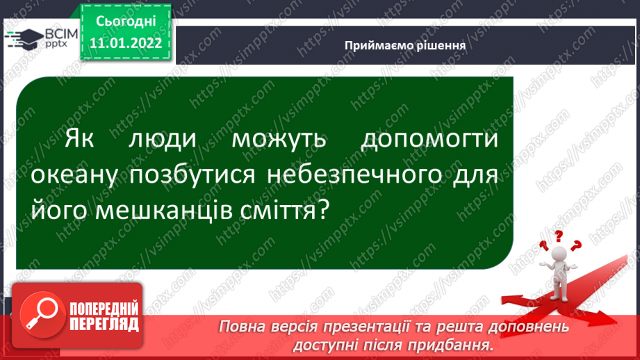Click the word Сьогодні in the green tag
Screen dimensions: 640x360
(x=126, y=22)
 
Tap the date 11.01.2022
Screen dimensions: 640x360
(x=126, y=43)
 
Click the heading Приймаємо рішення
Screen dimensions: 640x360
(x=405, y=45)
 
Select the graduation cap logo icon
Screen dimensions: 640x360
(x=25, y=39)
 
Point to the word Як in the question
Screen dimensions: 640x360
(x=79, y=138)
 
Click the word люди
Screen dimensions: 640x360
(x=163, y=139)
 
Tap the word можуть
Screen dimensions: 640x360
(x=279, y=140)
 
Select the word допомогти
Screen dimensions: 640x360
(x=429, y=139)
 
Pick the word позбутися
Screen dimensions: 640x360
(x=192, y=174)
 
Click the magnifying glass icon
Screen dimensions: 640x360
(x=42, y=315)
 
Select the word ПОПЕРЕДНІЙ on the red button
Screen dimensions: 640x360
(x=104, y=309)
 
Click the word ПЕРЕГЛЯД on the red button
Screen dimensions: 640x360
(x=104, y=325)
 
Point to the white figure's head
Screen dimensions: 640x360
(x=559, y=254)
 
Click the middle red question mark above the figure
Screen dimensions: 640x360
(x=559, y=236)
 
